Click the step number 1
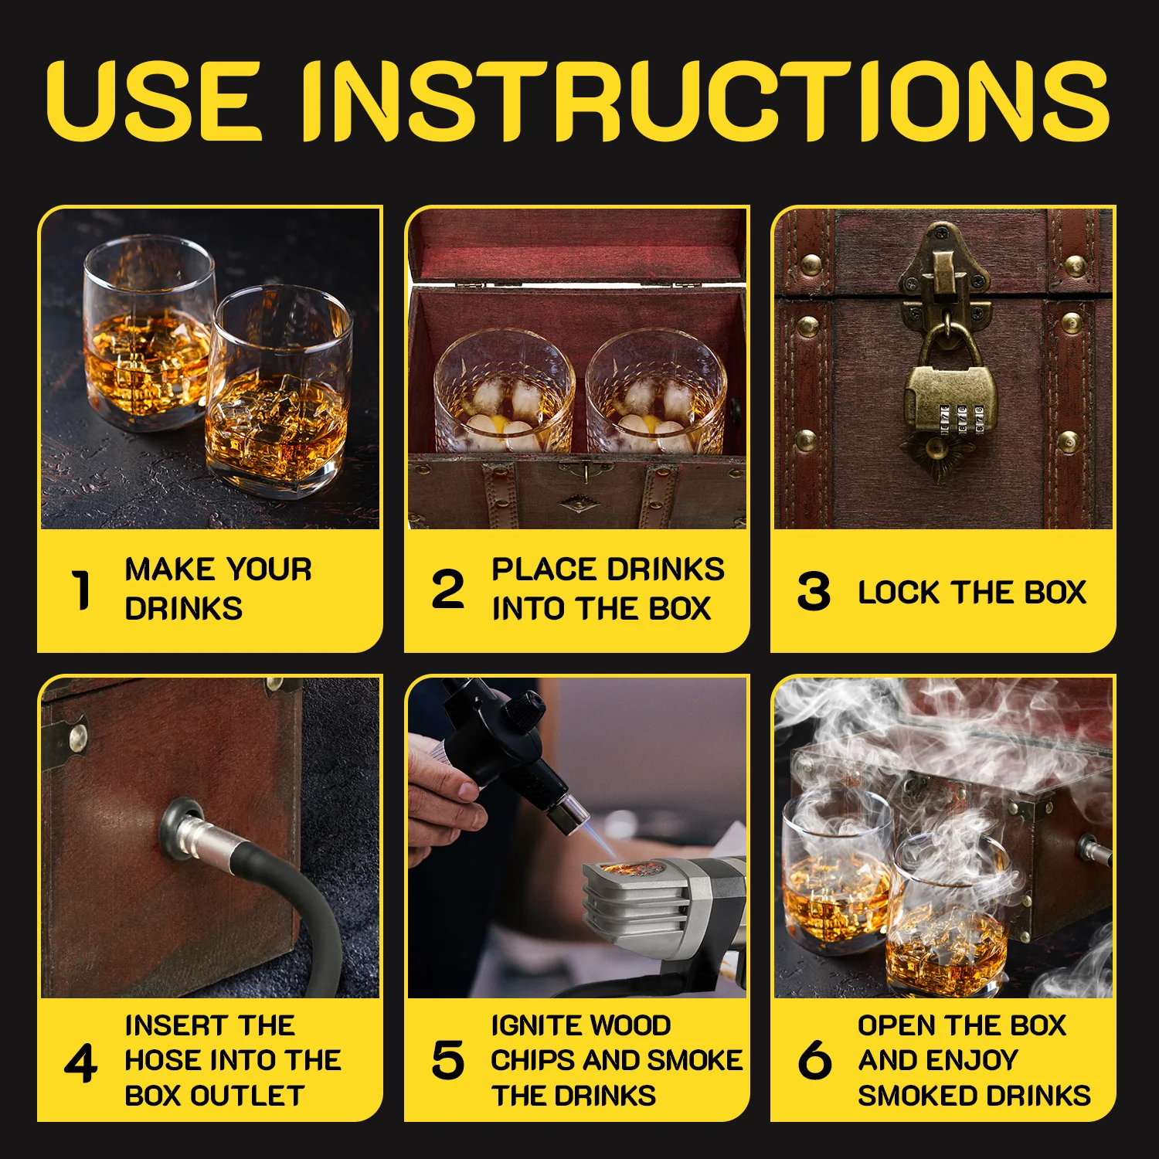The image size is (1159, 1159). (81, 590)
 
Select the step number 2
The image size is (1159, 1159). (447, 590)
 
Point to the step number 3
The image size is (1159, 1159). (814, 592)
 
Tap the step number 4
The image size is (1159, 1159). (80, 1063)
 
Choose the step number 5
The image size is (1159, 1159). (447, 1060)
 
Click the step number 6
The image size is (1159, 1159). (814, 1060)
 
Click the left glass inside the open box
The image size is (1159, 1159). (504, 394)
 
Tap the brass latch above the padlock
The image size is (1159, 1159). (944, 274)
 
